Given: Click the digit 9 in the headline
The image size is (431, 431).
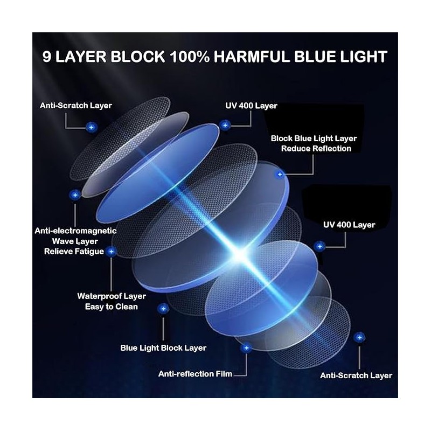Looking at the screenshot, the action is tap(49, 58).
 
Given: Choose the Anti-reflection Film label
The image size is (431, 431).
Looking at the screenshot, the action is tap(195, 373).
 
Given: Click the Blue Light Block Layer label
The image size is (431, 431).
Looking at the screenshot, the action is tap(163, 348).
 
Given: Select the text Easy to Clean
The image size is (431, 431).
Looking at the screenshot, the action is tap(112, 307).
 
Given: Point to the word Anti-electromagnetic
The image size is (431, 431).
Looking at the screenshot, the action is tap(75, 231).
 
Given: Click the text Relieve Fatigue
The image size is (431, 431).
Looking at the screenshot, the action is tap(74, 252).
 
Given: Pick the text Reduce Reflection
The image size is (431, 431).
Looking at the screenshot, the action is tap(316, 149).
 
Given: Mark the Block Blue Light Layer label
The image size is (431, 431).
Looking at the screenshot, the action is tap(314, 138).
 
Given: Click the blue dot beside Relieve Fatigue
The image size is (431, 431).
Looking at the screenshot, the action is tap(112, 251).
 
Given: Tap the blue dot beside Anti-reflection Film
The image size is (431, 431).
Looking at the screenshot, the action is tap(246, 348).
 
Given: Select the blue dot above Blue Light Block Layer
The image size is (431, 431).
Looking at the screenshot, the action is tap(163, 308).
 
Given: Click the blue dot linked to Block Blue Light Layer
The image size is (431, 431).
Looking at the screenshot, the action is tap(280, 175).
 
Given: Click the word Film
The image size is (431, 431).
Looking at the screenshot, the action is tap(221, 373).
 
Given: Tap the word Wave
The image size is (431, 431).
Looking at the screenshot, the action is tap(64, 241).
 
